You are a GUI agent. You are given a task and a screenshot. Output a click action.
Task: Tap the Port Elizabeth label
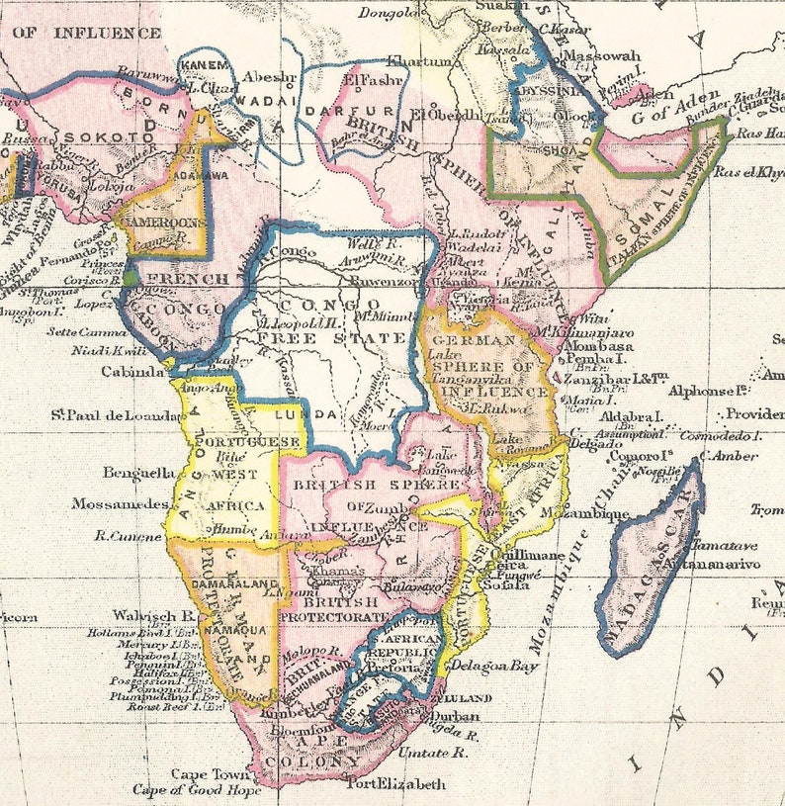click(395, 784)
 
